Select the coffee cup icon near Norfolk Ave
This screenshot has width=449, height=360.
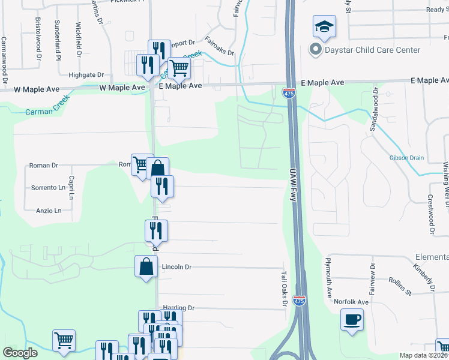click(352, 320)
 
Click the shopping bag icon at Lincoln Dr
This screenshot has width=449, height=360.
click(146, 268)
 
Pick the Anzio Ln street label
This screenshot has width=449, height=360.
click(49, 211)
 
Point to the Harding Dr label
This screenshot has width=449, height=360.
click(178, 308)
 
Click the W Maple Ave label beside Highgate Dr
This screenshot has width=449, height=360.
click(122, 88)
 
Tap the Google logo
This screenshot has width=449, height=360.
click(20, 353)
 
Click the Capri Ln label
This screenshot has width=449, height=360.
click(71, 188)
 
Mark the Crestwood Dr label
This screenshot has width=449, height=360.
click(430, 213)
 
